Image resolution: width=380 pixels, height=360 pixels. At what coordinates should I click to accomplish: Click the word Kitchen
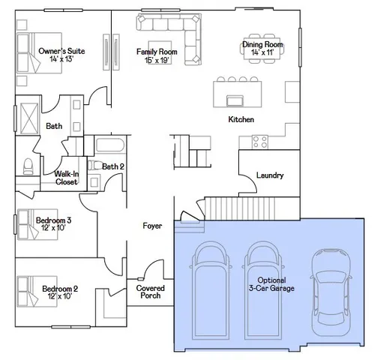click(x=241, y=120)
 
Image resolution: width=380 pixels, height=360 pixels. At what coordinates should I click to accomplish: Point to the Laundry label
click(x=270, y=175)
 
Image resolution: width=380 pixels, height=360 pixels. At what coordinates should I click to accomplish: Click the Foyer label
click(x=153, y=225)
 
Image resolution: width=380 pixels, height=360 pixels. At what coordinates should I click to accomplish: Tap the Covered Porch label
click(x=151, y=291)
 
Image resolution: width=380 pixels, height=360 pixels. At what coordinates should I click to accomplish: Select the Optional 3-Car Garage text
click(x=271, y=283)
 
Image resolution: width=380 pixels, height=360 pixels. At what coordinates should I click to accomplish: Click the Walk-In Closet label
click(x=66, y=178)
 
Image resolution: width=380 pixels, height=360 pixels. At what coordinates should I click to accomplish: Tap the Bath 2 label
click(x=113, y=166)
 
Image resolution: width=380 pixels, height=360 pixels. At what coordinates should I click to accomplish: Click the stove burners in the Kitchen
click(x=261, y=139)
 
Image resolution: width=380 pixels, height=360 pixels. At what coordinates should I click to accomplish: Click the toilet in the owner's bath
click(x=27, y=165)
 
